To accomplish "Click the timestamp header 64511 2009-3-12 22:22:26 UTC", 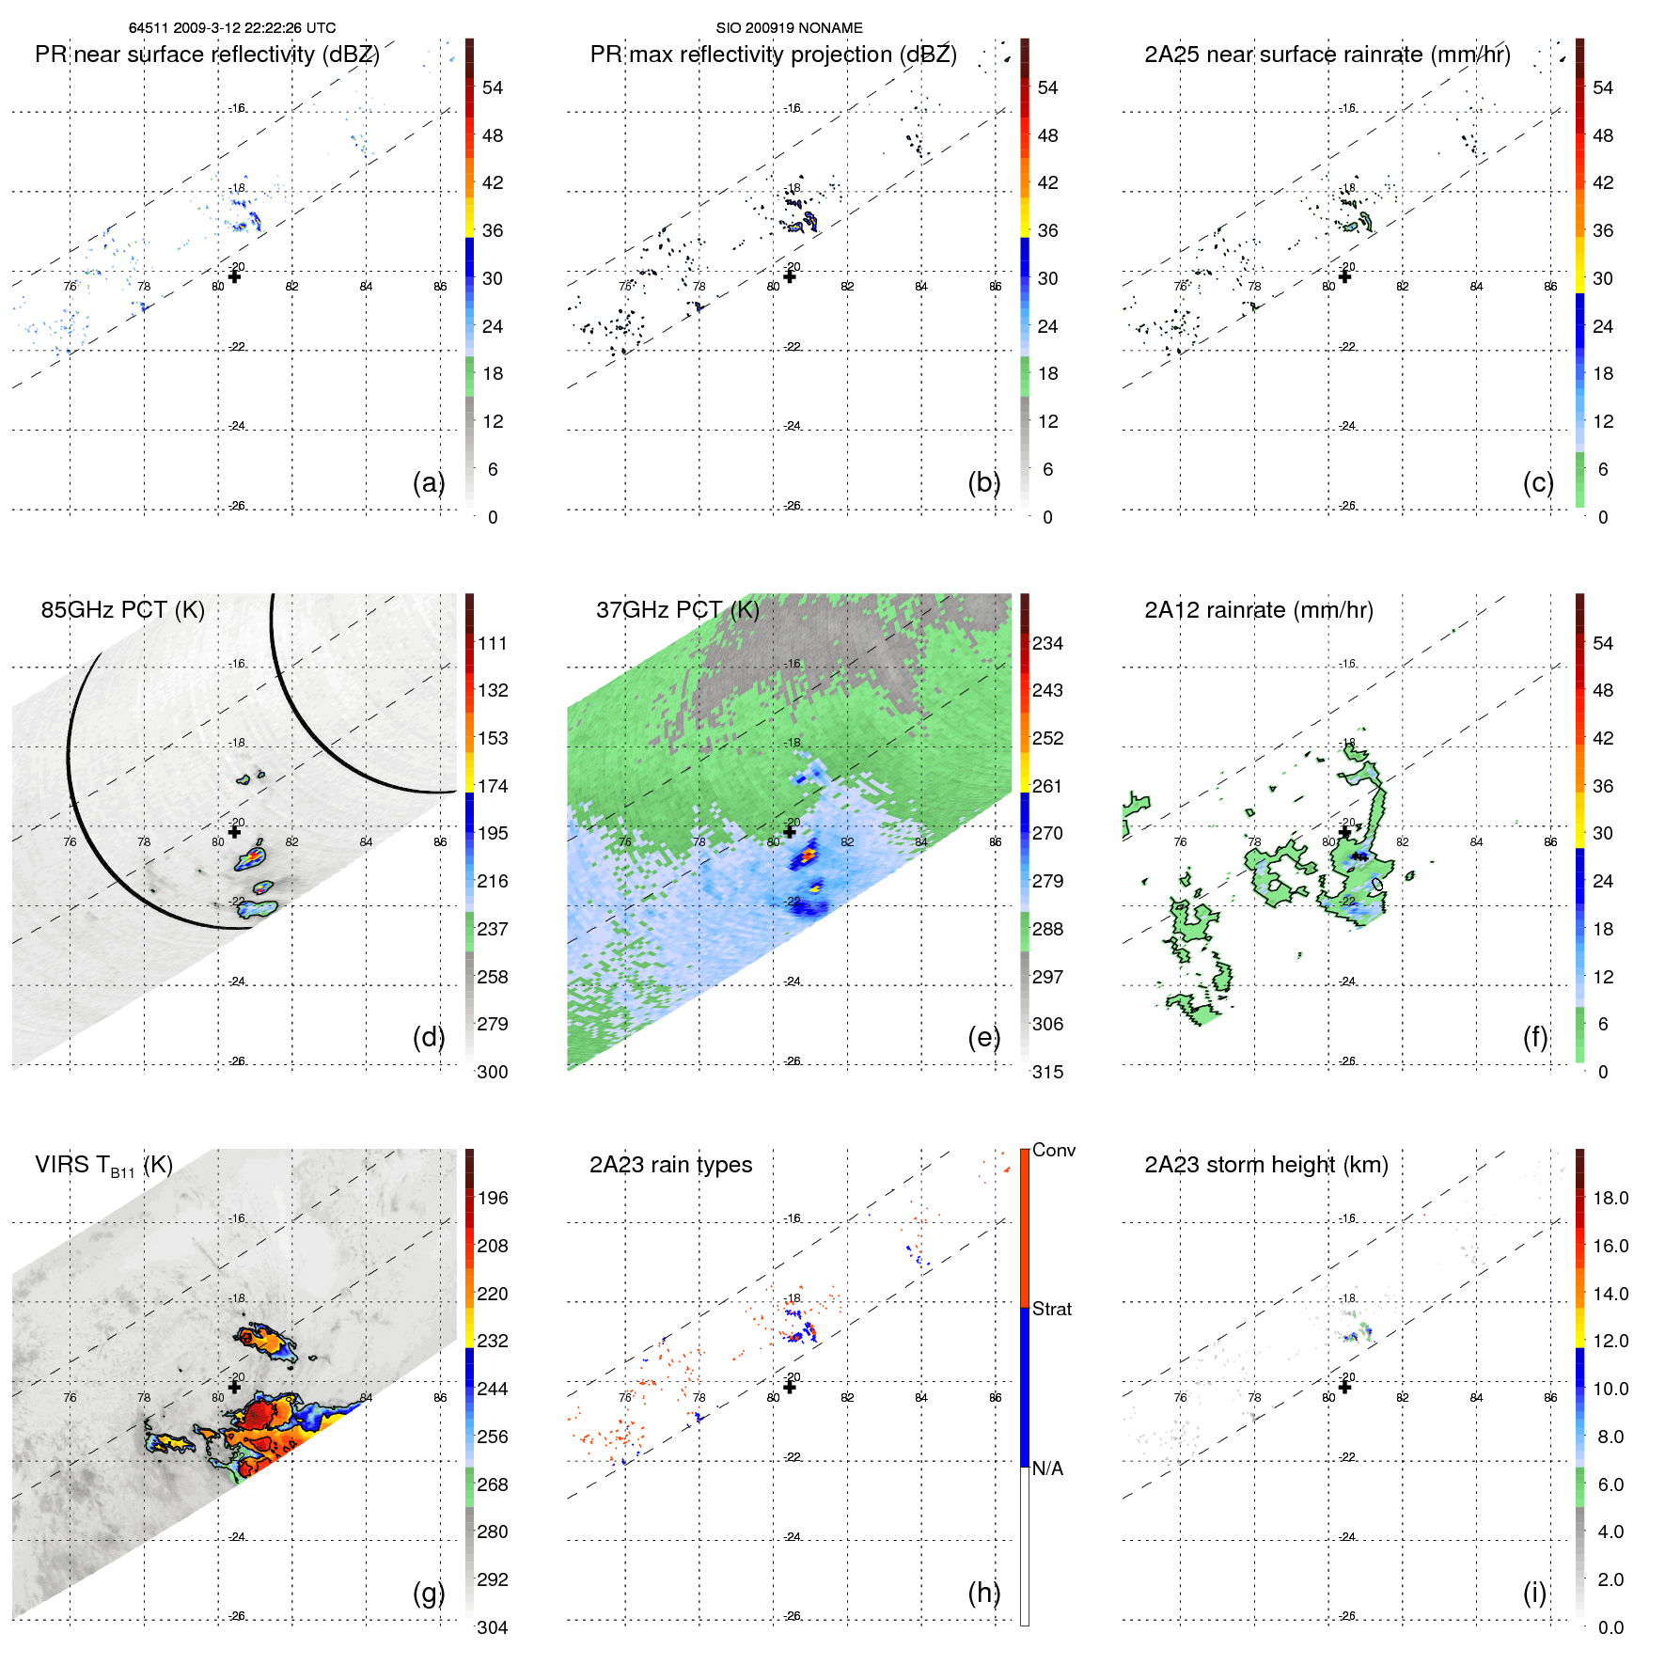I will [x=232, y=28].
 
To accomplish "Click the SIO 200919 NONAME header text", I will [x=789, y=28].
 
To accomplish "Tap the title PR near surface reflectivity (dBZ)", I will [x=207, y=55].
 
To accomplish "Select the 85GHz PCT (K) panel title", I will [x=122, y=610].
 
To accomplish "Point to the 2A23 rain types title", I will [x=670, y=1165].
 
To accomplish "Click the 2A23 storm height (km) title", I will [x=1265, y=1165].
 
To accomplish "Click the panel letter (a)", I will [x=429, y=482].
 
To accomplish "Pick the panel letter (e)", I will [x=983, y=1037].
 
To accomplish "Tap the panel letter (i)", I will [x=1534, y=1593].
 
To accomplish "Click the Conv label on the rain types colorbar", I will [x=1053, y=1150].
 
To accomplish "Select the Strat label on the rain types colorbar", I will [x=1051, y=1309].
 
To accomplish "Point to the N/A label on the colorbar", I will [x=1047, y=1469].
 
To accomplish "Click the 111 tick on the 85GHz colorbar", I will [x=492, y=643].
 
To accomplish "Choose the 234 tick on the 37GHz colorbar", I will [x=1047, y=643].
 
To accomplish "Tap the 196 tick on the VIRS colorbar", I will [x=492, y=1198].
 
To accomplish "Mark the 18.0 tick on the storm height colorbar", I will [x=1610, y=1198].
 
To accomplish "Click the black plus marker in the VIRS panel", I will [x=234, y=1387].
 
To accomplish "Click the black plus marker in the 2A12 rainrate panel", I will [x=1344, y=832].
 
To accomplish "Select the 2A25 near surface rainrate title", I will [x=1327, y=55].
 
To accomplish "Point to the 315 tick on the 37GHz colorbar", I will [x=1047, y=1072].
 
